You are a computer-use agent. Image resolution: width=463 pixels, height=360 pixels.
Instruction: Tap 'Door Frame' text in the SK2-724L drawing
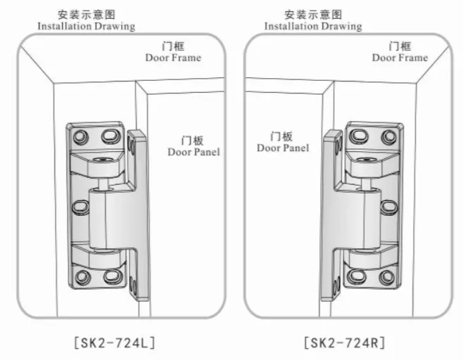click(173, 58)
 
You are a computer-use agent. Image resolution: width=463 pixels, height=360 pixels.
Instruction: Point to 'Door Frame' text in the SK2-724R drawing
click(400, 58)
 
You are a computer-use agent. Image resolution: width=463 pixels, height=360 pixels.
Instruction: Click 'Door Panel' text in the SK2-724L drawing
click(194, 151)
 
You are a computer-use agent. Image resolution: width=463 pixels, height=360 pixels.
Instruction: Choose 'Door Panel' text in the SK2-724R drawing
click(282, 148)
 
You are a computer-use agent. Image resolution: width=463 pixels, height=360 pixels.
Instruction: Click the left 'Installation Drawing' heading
click(86, 26)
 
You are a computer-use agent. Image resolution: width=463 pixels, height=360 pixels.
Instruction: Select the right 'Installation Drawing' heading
click(313, 26)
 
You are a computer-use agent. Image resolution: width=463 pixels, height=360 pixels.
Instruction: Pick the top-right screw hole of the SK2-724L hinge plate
click(110, 134)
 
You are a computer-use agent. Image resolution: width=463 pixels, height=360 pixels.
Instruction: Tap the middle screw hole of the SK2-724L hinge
click(81, 207)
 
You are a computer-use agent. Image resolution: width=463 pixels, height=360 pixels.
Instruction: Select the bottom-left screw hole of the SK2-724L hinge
click(84, 276)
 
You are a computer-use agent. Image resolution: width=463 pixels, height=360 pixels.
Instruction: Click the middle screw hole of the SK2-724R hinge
click(389, 207)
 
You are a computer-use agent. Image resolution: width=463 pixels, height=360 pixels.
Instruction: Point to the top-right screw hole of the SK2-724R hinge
click(386, 134)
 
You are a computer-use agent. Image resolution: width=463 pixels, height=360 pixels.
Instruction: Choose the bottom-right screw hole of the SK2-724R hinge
click(386, 276)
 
